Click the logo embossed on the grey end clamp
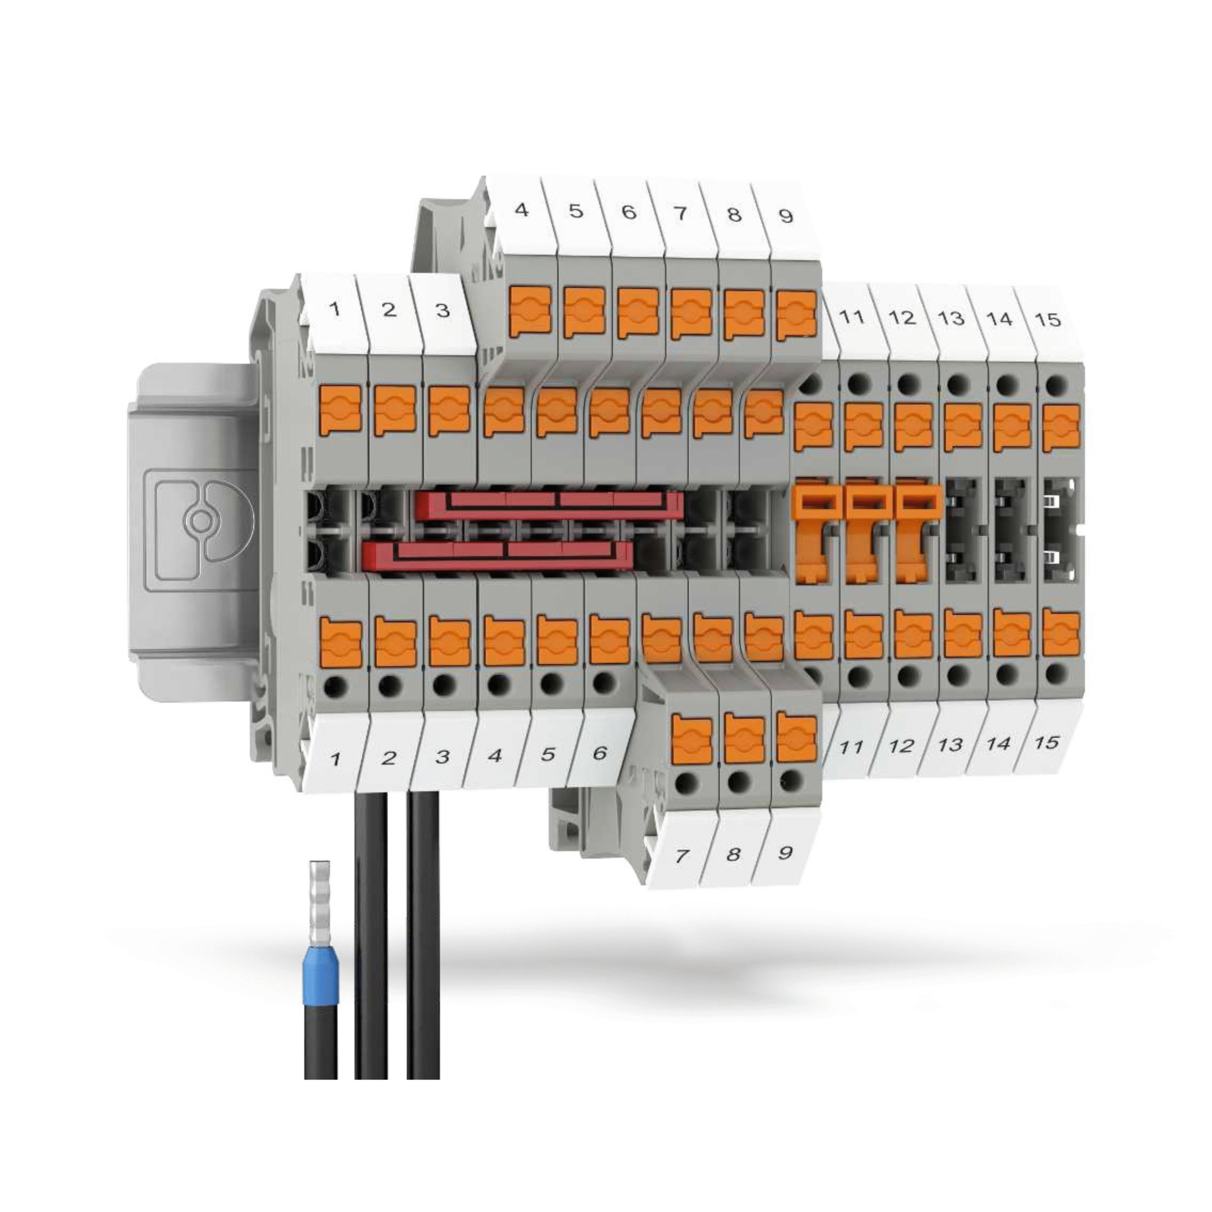coord(199,521)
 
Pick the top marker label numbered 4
coord(521,210)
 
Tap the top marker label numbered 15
coord(1048,320)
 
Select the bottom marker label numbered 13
coord(950,745)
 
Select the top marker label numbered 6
coord(629,212)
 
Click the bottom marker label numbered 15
coord(1046,743)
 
